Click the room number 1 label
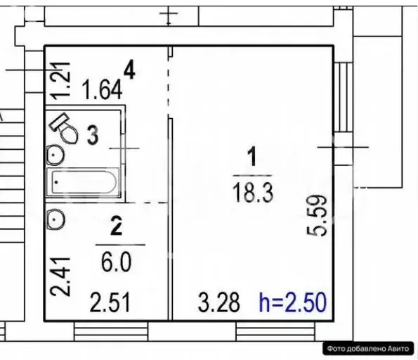252,156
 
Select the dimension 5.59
317,216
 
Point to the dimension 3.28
219,302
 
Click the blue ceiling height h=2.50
293,302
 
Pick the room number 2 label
117,226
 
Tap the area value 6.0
117,262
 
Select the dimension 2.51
110,302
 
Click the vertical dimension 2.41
60,277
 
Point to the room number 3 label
93,135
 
